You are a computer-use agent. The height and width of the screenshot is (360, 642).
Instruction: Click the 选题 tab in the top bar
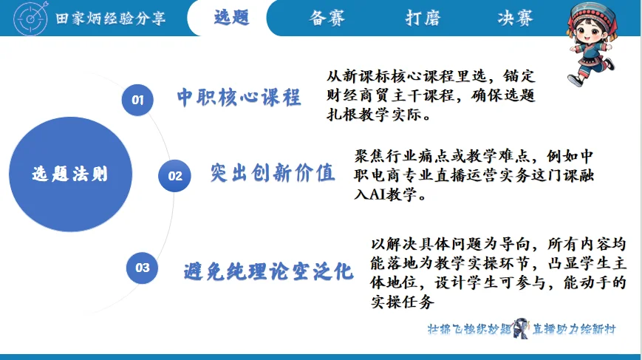[x=231, y=18]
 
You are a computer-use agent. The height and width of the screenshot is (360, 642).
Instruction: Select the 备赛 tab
[x=327, y=18]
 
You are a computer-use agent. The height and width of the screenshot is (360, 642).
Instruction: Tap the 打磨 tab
[x=423, y=18]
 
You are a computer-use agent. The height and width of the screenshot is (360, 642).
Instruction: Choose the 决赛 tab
[x=515, y=18]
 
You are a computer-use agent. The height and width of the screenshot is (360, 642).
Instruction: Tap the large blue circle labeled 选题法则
[x=70, y=174]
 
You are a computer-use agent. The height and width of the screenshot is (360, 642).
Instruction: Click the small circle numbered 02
[x=175, y=176]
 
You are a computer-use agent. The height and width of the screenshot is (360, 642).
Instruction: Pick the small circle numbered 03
[x=142, y=268]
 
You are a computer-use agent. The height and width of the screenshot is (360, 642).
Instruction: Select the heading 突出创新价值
[x=272, y=173]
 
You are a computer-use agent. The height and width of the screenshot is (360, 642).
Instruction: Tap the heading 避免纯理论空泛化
[x=268, y=271]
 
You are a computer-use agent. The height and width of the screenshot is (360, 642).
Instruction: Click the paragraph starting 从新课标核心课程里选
[x=431, y=96]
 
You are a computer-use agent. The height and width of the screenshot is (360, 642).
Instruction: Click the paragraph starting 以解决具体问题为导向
[x=498, y=271]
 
